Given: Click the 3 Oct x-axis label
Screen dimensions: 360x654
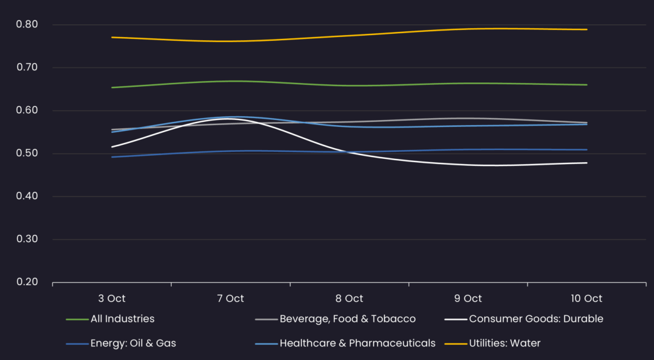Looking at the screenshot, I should pos(112,299).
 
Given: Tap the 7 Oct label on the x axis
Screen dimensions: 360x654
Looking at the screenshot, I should pos(231,299).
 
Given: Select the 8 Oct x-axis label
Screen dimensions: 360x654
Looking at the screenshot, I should pos(349,299).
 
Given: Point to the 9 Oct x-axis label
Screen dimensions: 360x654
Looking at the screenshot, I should pos(468,299).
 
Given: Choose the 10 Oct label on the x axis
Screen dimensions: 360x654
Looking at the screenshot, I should pos(586,299).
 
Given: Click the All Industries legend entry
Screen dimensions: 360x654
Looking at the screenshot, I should pos(122,319).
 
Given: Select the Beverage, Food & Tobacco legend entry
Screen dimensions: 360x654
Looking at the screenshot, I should pos(347,319).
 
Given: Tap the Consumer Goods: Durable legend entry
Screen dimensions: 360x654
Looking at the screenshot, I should pos(536,319).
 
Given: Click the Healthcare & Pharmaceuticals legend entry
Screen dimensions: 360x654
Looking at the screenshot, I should pos(357,343).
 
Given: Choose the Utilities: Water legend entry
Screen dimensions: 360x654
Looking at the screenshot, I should pos(505,343).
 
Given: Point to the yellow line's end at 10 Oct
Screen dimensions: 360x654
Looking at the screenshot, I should pos(586,29).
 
